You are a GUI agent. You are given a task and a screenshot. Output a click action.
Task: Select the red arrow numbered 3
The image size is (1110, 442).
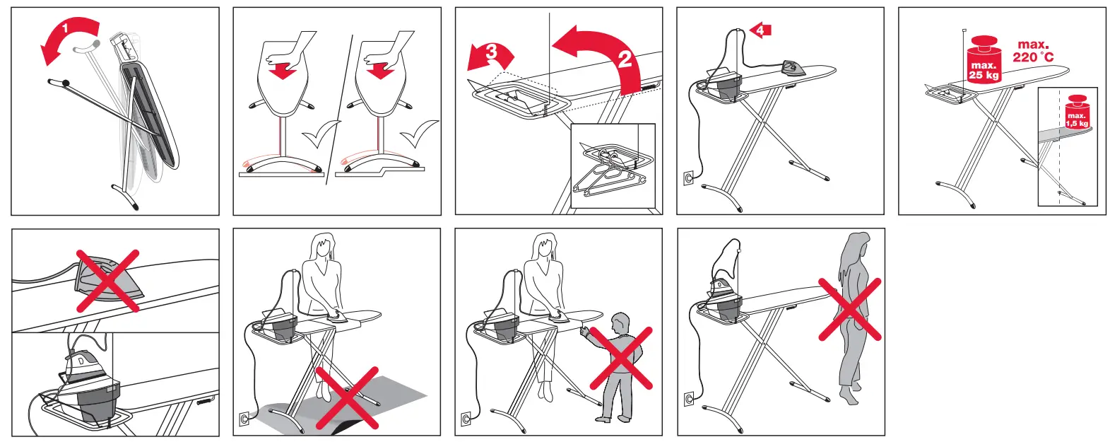[490, 57]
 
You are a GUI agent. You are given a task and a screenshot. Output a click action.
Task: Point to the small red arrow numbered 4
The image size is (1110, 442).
[760, 30]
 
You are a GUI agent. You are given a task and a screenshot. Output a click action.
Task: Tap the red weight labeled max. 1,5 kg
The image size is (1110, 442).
[1077, 112]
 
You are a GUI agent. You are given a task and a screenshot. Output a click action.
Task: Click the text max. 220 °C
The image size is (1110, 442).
[1033, 52]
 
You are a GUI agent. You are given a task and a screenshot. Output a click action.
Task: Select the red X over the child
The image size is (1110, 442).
[621, 358]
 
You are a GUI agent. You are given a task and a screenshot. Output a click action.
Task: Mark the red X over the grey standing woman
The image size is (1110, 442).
[850, 310]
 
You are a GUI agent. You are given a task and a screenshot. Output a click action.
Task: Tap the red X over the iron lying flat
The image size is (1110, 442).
[107, 281]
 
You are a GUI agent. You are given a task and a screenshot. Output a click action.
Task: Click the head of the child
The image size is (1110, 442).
[620, 323]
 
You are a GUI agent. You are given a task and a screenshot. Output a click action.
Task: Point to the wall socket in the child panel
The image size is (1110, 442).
[466, 419]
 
